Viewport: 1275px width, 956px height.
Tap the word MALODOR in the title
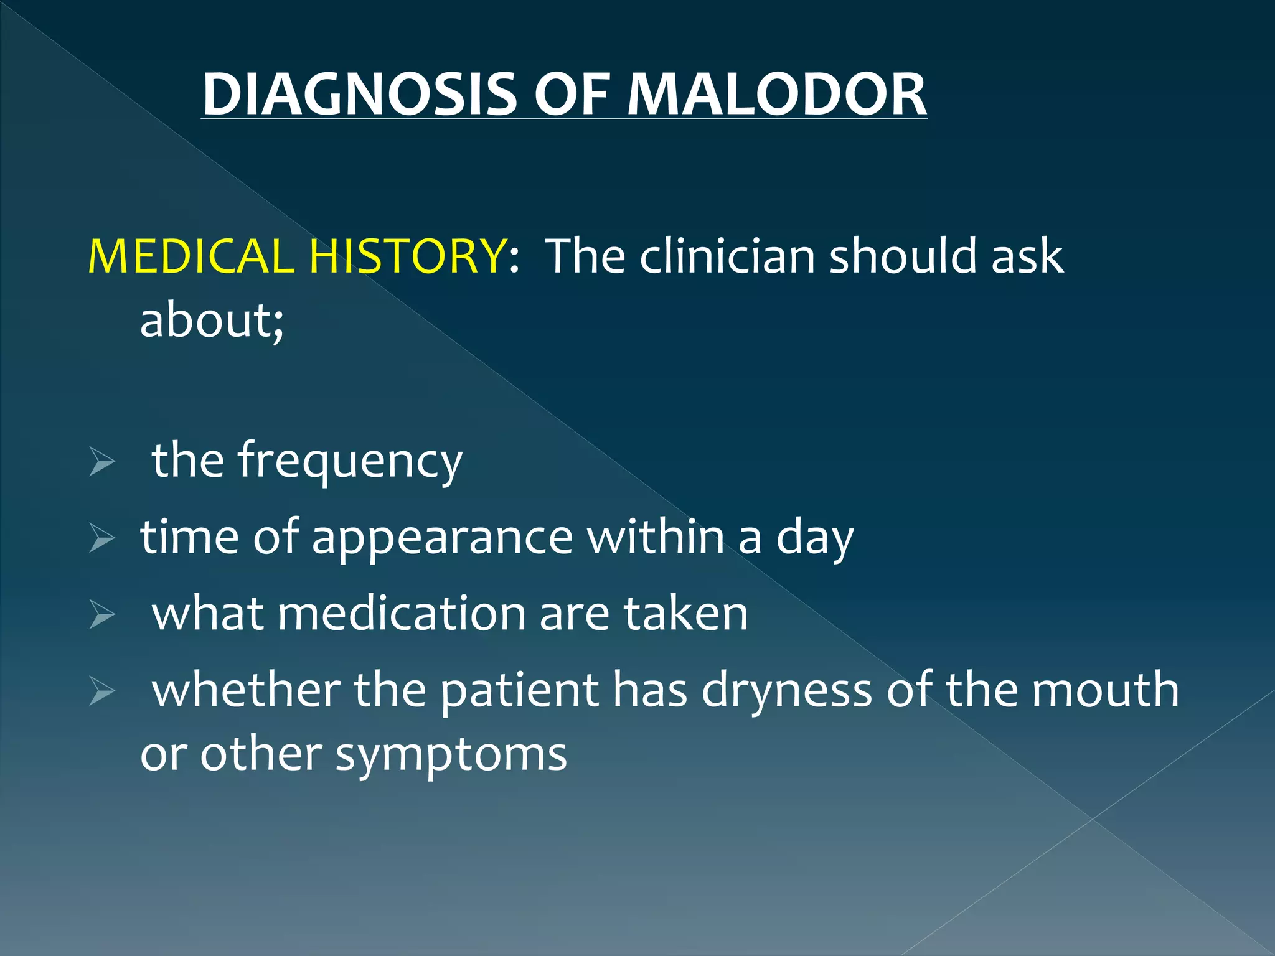776,95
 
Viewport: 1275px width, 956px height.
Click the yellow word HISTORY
408,256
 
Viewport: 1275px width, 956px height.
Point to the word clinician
727,256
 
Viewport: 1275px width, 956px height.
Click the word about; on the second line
212,321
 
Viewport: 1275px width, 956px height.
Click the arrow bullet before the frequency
101,461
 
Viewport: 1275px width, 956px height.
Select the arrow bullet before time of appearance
101,538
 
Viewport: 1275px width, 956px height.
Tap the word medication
402,614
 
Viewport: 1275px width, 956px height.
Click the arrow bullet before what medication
101,615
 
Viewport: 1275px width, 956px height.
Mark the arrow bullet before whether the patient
101,691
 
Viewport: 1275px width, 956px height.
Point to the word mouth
1105,690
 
